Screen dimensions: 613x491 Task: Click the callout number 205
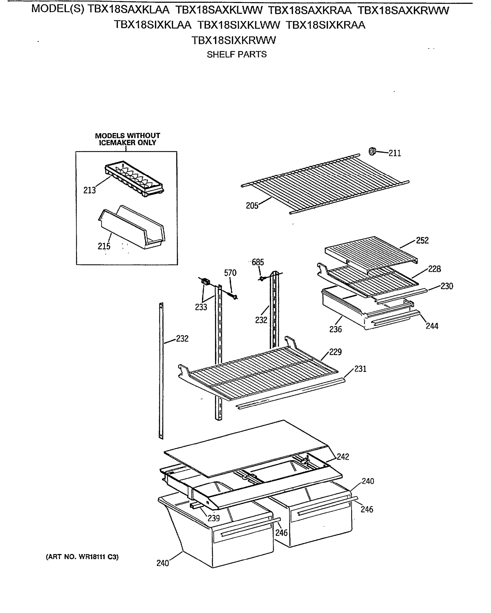tap(252, 206)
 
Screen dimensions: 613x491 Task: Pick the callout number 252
tap(422, 241)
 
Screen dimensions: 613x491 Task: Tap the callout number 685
tap(258, 262)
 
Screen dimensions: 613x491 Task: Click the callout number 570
tap(230, 273)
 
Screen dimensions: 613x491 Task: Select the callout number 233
tap(201, 307)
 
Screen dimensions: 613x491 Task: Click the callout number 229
tap(335, 352)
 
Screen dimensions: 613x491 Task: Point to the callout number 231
tap(360, 369)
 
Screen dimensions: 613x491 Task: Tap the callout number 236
tap(335, 329)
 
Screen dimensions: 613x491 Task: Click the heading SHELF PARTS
tap(237, 54)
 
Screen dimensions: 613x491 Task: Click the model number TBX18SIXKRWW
tap(233, 40)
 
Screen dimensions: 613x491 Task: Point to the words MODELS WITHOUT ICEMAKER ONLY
tap(127, 139)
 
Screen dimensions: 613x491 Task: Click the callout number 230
tap(447, 286)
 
